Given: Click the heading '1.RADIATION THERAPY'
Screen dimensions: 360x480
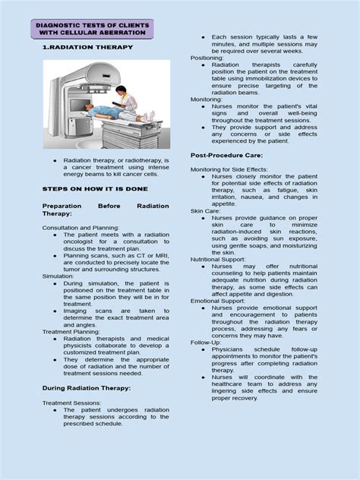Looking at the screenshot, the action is coord(88,47).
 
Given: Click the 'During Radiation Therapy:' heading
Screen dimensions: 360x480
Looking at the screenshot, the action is coord(86,388).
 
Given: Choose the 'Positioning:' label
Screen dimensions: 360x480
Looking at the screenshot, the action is coord(207,58).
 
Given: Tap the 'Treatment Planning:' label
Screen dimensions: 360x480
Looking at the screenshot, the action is coord(71,332).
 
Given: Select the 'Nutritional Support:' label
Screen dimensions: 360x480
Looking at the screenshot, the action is coord(217,260).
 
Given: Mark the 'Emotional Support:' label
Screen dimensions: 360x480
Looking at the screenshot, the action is coord(216,301).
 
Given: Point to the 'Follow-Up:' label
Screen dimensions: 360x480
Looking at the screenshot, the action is coord(206,343).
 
